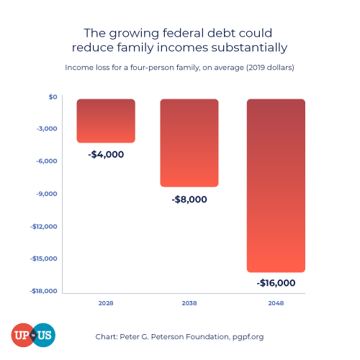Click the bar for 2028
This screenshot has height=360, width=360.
[x=106, y=120]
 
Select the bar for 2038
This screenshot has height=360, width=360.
[x=189, y=143]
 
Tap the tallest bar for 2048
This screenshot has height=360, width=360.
[x=276, y=185]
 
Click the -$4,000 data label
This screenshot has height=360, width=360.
[x=106, y=154]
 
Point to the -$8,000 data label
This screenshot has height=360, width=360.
[x=189, y=199]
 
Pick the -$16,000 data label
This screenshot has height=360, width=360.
[x=276, y=283]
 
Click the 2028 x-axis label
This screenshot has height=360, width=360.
[x=106, y=304]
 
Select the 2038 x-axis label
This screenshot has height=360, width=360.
[x=189, y=304]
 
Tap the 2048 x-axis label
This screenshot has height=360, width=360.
[x=276, y=304]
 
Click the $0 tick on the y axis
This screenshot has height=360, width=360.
[x=53, y=96]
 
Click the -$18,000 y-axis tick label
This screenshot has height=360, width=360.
[x=45, y=291]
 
